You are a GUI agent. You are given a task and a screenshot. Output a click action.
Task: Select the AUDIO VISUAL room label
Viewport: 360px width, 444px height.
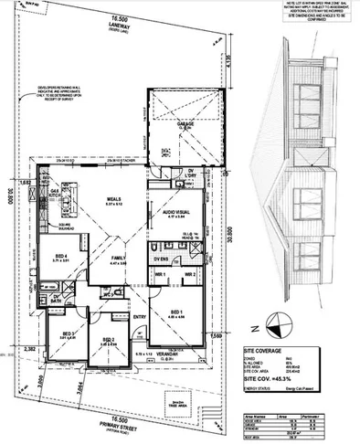click(180, 213)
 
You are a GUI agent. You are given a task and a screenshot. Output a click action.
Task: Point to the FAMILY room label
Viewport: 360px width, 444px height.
click(118, 259)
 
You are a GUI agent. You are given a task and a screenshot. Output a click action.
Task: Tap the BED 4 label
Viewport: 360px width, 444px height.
click(60, 258)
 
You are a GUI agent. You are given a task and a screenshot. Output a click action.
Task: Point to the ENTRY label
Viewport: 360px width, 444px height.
click(139, 317)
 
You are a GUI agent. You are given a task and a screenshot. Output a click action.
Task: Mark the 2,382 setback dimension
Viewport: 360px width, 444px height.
click(29, 349)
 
